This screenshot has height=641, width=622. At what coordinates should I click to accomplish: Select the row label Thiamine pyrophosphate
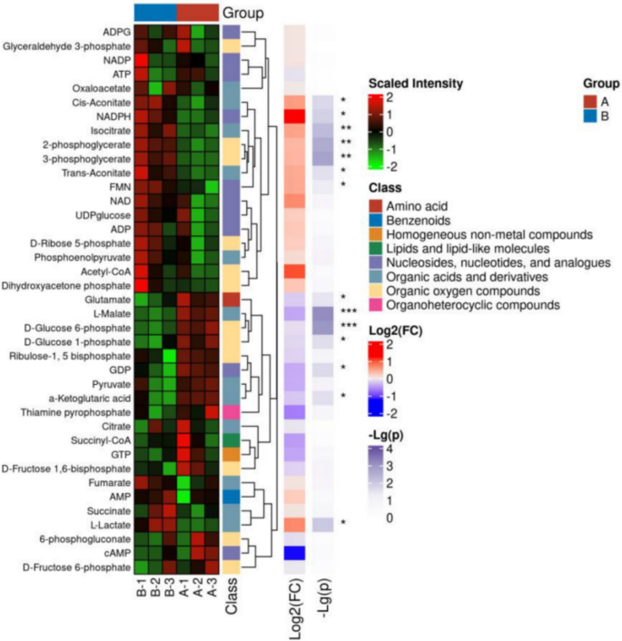click(x=84, y=412)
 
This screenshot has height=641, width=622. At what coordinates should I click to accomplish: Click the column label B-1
click(x=143, y=592)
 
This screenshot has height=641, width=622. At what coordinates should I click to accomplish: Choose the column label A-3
click(x=211, y=592)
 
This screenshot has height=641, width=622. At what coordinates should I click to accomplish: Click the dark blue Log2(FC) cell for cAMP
click(x=295, y=553)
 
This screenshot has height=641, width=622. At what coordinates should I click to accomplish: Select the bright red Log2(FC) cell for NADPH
click(x=295, y=117)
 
